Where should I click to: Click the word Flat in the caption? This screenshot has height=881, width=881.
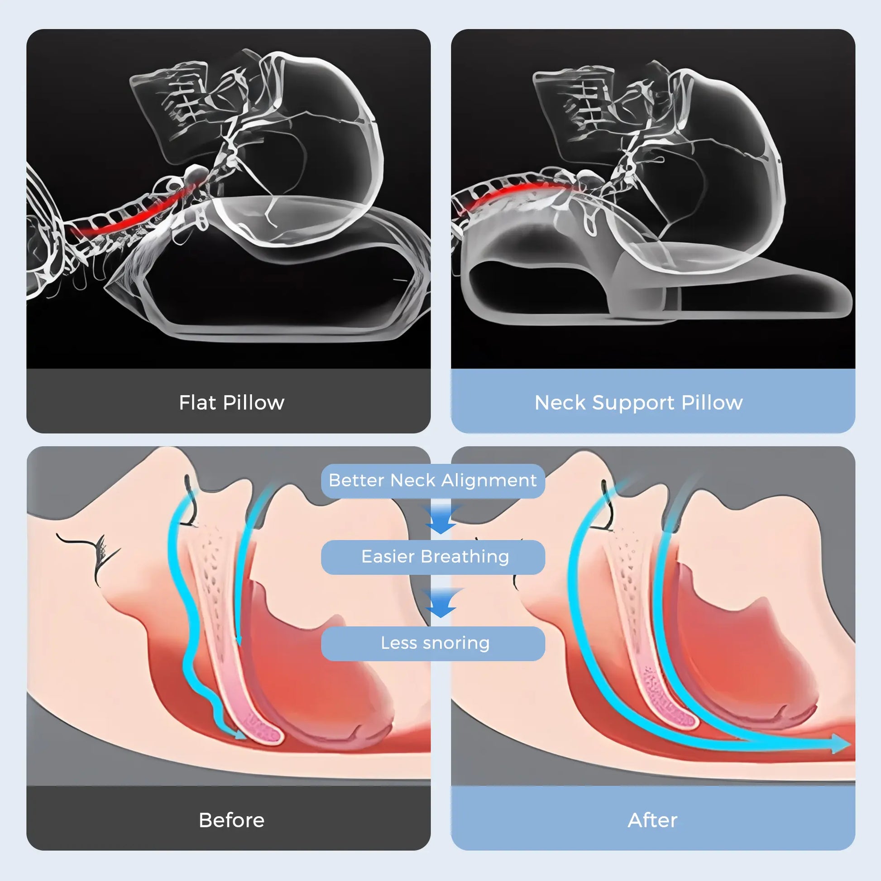[x=198, y=402]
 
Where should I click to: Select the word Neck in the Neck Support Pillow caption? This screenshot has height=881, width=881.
[x=560, y=402]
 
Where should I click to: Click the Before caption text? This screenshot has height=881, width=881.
[x=232, y=820]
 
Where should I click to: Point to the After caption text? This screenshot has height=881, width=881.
[x=652, y=820]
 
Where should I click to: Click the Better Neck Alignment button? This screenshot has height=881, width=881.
[x=433, y=481]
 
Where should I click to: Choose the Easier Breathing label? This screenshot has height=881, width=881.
[x=435, y=557]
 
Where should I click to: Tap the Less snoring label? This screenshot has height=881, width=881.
[x=435, y=643]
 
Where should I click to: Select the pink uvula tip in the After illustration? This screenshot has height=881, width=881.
[x=682, y=716]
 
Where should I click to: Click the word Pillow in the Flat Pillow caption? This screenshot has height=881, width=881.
[x=254, y=402]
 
